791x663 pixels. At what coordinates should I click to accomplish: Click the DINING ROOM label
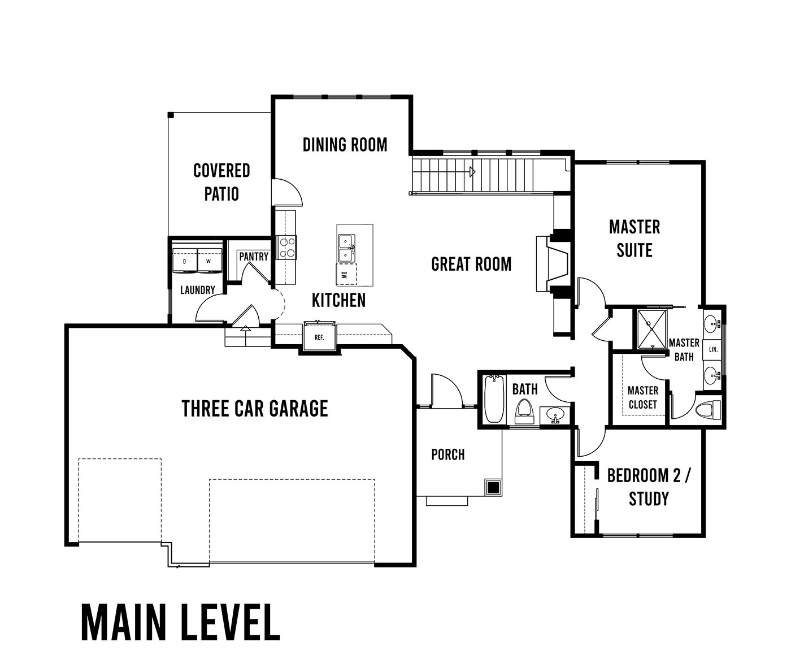(x=345, y=145)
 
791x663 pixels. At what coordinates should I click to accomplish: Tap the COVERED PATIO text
(x=221, y=182)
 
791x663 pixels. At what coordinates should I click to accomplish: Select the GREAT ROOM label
(x=471, y=264)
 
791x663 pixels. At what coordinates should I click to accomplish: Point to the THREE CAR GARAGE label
(x=255, y=409)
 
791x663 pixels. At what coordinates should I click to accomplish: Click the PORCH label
(x=448, y=454)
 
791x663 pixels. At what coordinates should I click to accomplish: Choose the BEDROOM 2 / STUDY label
(x=649, y=487)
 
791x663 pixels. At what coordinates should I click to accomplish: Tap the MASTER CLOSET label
(x=643, y=398)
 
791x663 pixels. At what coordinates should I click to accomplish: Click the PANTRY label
(x=254, y=257)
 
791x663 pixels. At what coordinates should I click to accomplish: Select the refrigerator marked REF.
(x=320, y=336)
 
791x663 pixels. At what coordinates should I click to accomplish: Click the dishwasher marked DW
(x=346, y=275)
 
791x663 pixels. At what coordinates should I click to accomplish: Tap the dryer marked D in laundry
(x=185, y=261)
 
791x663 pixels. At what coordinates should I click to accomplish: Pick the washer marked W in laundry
(x=210, y=261)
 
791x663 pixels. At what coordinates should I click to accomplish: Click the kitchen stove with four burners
(x=286, y=247)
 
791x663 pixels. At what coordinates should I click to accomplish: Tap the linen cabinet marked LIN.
(x=714, y=349)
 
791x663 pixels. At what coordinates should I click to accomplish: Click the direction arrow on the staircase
(x=472, y=172)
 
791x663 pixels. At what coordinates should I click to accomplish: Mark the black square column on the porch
(x=493, y=487)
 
